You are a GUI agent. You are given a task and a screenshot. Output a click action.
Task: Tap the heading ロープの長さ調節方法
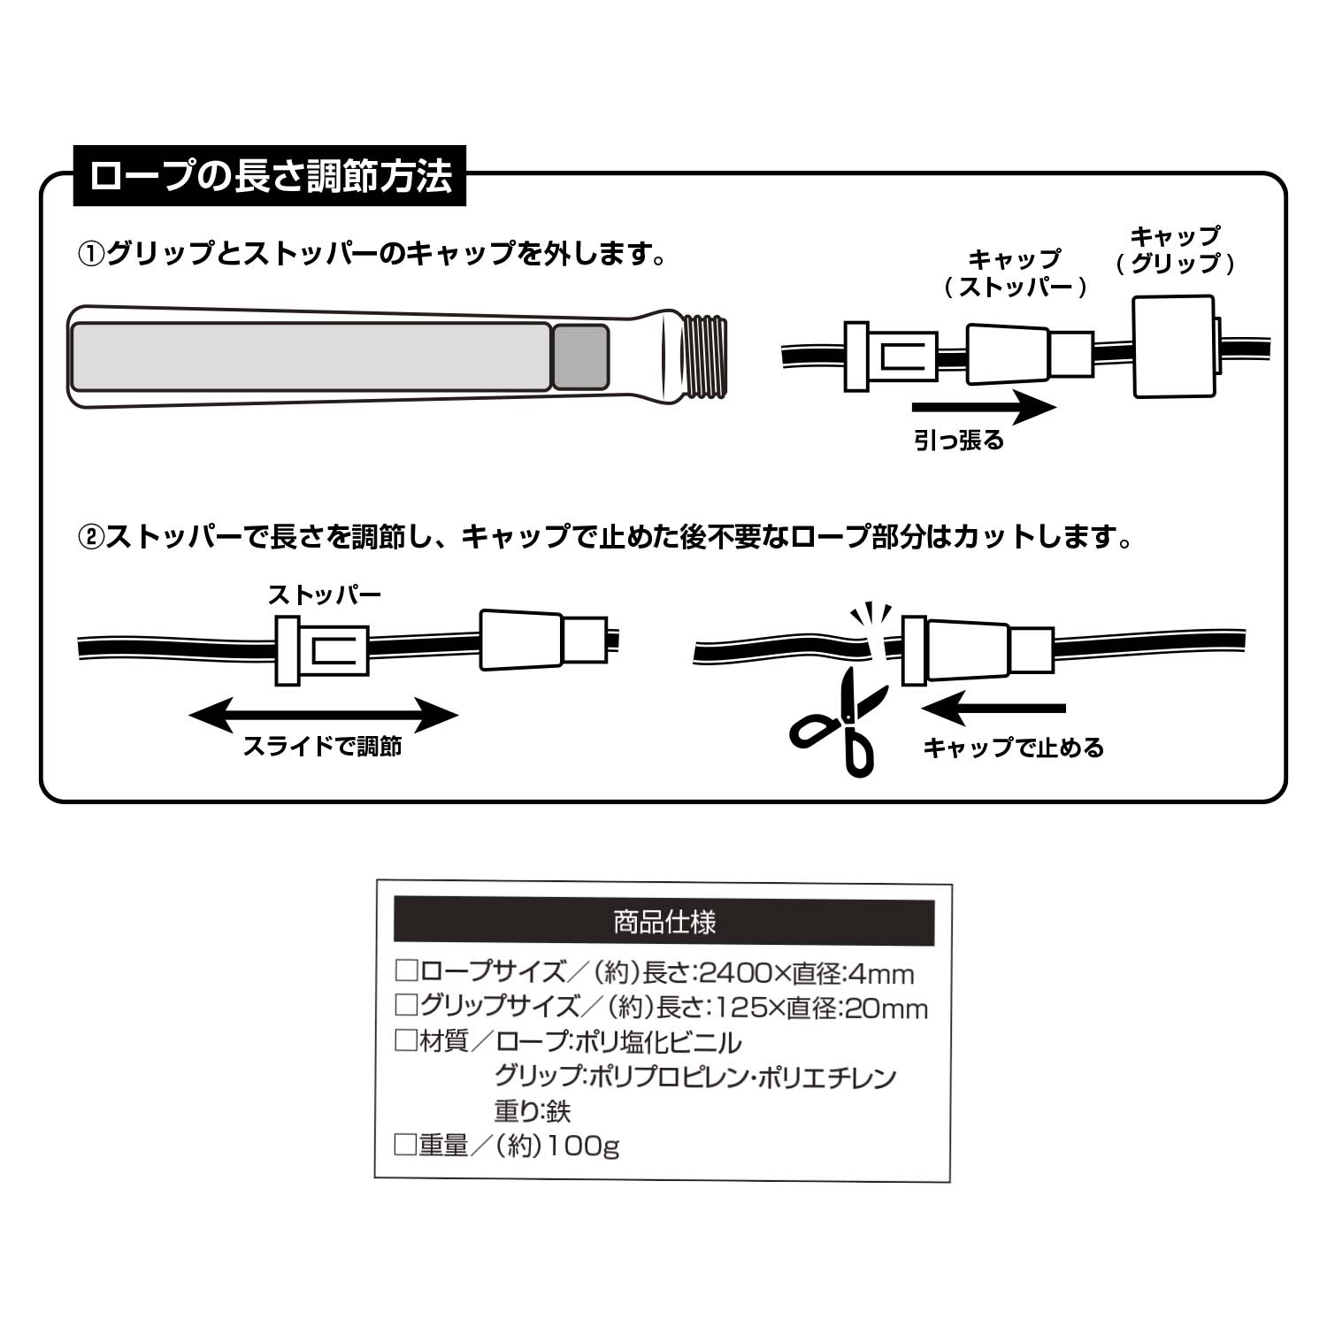pyautogui.click(x=270, y=176)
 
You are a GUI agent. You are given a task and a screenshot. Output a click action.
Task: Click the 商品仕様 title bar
pyautogui.click(x=663, y=923)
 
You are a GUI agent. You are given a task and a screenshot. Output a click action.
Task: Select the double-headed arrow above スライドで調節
pyautogui.click(x=324, y=715)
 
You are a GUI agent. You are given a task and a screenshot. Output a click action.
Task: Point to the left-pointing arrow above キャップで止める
pyautogui.click(x=993, y=709)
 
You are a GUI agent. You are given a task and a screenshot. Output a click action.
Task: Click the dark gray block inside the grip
pyautogui.click(x=580, y=357)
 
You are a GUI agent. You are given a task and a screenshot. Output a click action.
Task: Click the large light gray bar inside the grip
pyautogui.click(x=311, y=357)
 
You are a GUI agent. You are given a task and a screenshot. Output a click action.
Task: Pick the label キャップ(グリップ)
pyautogui.click(x=1175, y=250)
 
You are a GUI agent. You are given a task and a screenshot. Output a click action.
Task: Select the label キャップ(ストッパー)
pyautogui.click(x=1014, y=272)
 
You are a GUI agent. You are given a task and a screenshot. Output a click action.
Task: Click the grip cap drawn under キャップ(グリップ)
pyautogui.click(x=1174, y=346)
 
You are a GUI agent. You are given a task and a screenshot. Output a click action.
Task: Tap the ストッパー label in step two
pyautogui.click(x=324, y=594)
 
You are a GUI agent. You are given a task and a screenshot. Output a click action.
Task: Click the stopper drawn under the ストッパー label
pyautogui.click(x=322, y=650)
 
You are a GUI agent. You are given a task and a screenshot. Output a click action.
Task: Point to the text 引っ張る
pyautogui.click(x=959, y=441)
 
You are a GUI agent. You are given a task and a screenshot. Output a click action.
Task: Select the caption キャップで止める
pyautogui.click(x=1013, y=748)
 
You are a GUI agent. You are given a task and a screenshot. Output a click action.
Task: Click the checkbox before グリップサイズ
pyautogui.click(x=406, y=1006)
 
